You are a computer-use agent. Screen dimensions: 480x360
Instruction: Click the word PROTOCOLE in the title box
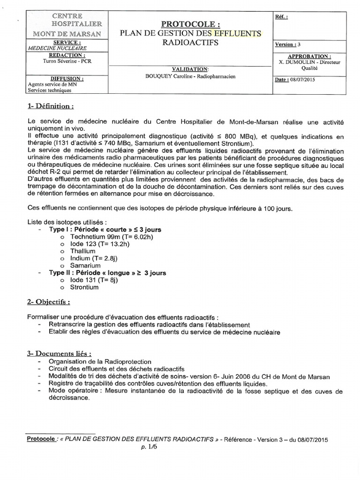click(x=190, y=24)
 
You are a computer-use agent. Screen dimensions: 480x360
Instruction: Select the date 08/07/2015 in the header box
click(x=302, y=80)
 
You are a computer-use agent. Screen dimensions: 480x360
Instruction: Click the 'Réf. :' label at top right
click(x=282, y=16)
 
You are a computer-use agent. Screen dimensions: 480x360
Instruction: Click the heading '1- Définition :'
click(x=51, y=106)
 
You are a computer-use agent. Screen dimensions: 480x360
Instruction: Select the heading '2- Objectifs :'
click(x=49, y=302)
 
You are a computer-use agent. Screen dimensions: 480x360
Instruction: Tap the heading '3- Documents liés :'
click(x=59, y=353)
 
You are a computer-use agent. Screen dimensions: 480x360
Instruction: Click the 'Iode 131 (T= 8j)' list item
click(x=93, y=280)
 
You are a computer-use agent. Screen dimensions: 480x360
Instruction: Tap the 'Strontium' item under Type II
click(x=84, y=287)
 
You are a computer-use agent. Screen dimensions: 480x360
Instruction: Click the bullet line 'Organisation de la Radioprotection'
click(x=100, y=362)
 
